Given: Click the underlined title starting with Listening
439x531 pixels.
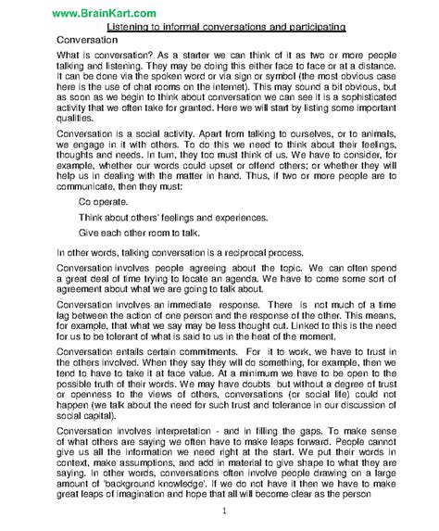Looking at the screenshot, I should [x=219, y=28].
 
